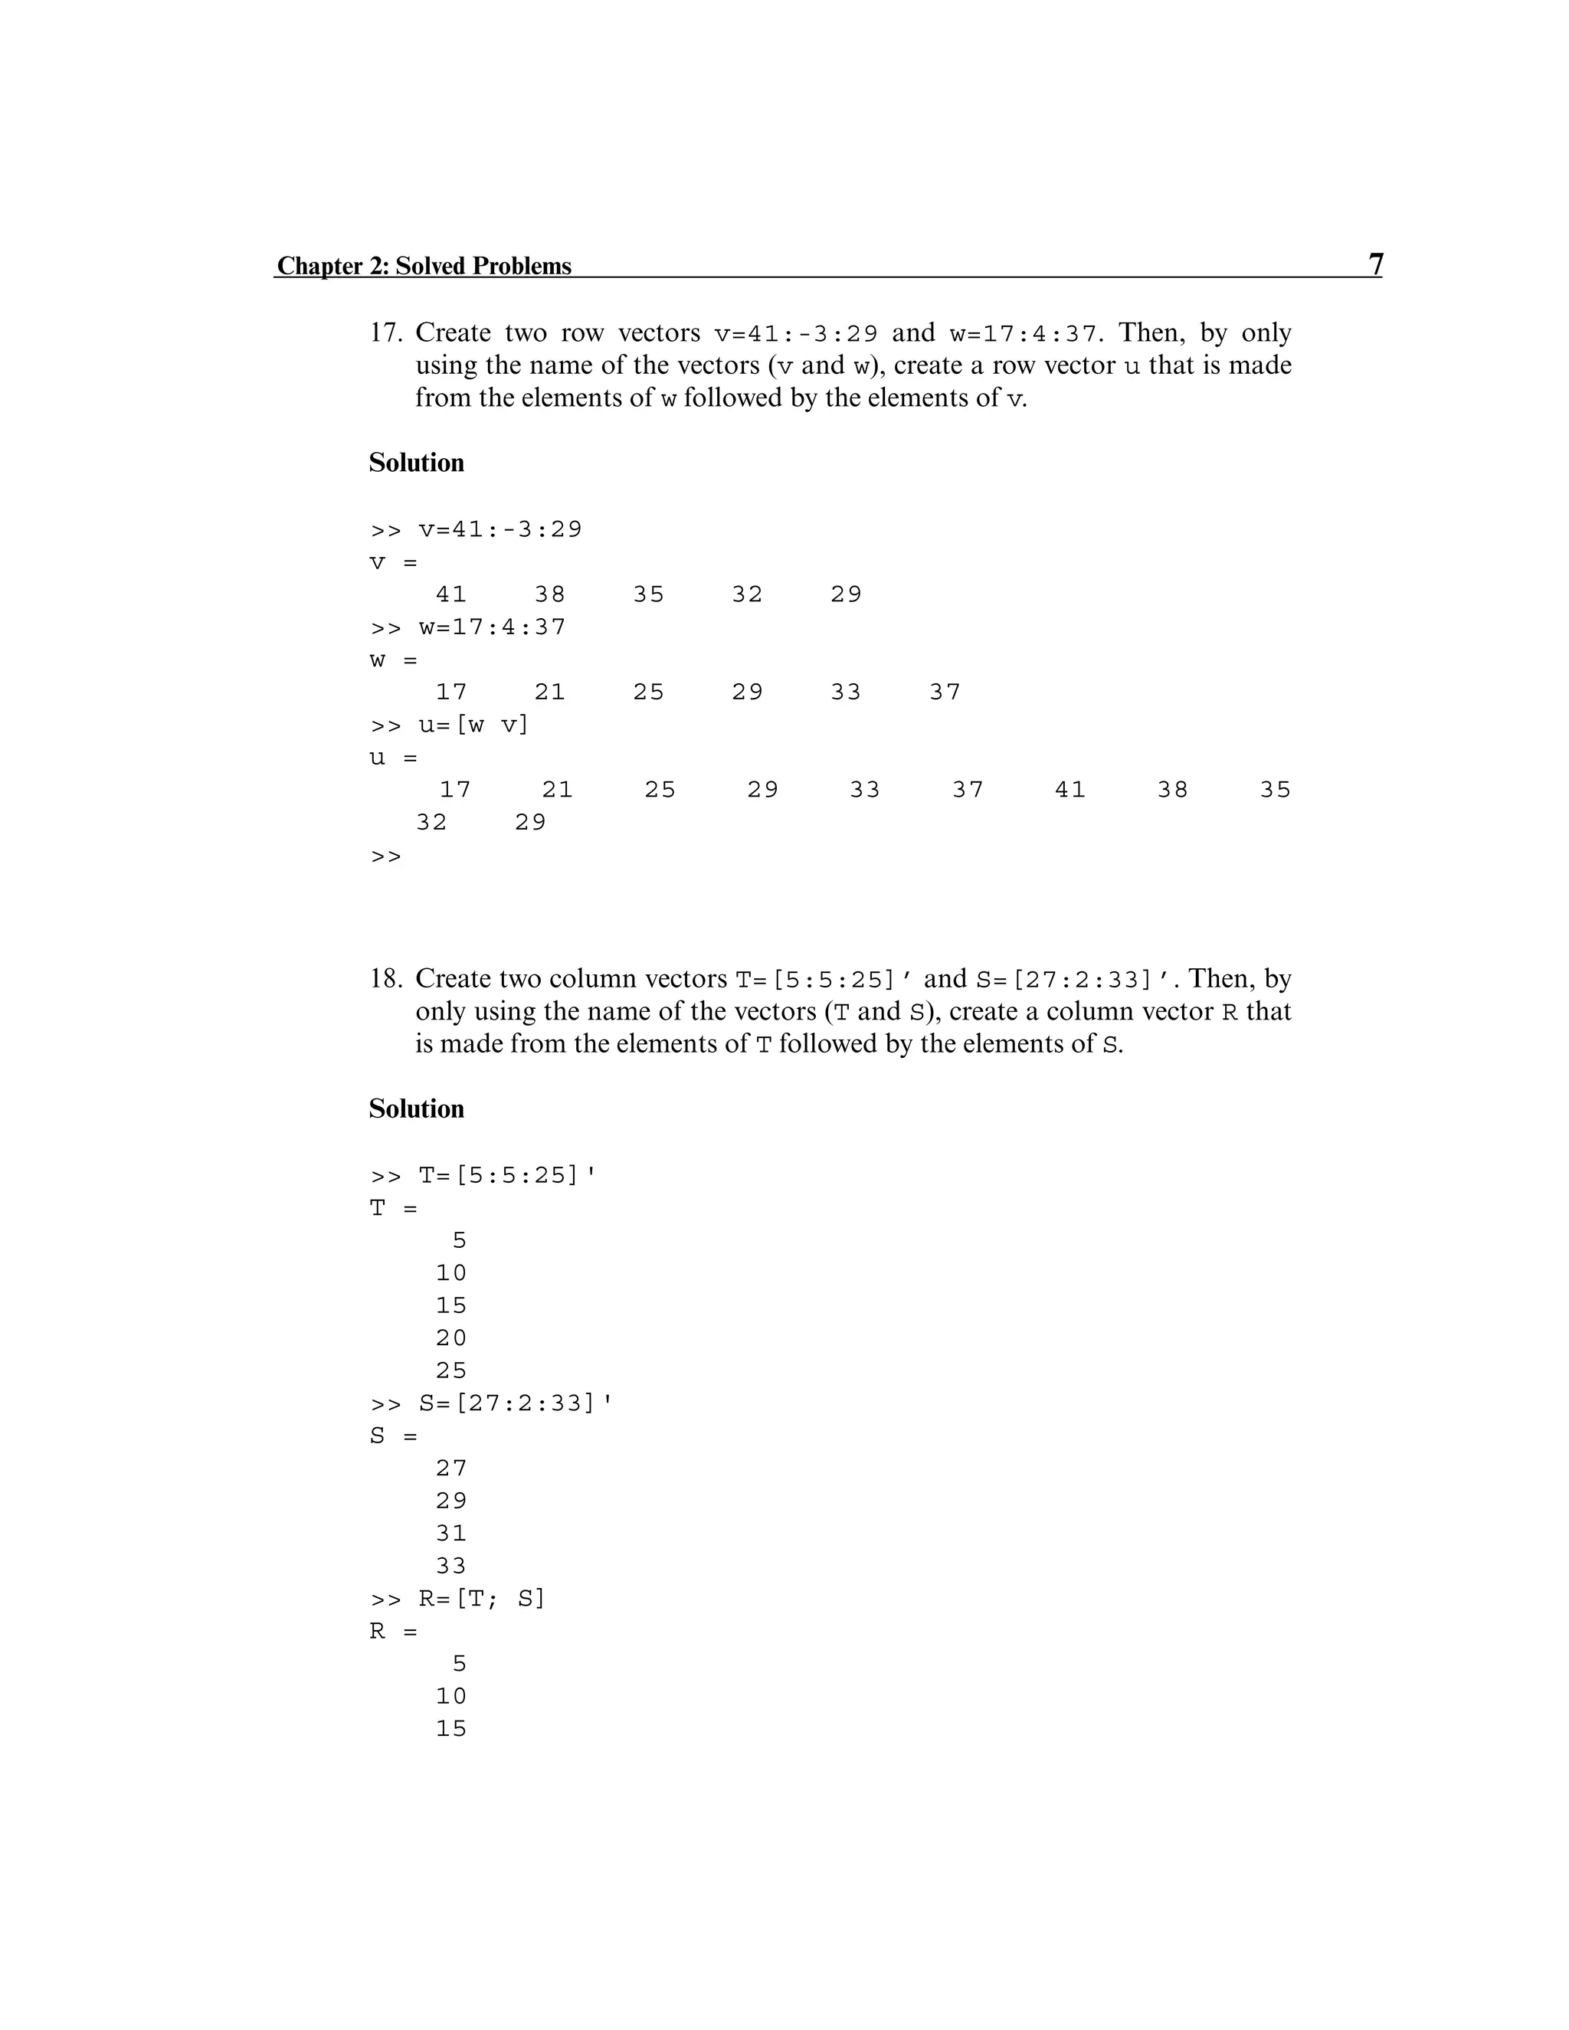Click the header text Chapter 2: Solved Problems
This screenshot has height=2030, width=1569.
(424, 266)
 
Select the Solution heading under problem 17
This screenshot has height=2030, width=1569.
(417, 463)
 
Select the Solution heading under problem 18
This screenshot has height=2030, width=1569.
(417, 1109)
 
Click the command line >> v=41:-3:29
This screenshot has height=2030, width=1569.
(476, 530)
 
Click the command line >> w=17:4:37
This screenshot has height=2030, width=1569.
(467, 627)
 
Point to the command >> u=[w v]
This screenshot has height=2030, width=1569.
(450, 725)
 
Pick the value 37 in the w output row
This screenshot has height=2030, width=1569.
(945, 692)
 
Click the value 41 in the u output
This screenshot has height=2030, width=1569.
(1069, 790)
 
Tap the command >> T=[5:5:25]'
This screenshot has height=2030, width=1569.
(483, 1176)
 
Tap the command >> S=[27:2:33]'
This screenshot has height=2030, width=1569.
(492, 1403)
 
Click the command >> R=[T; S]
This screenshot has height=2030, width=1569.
(457, 1599)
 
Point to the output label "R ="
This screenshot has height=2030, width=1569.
(393, 1631)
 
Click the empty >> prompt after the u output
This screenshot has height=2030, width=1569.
(386, 856)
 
